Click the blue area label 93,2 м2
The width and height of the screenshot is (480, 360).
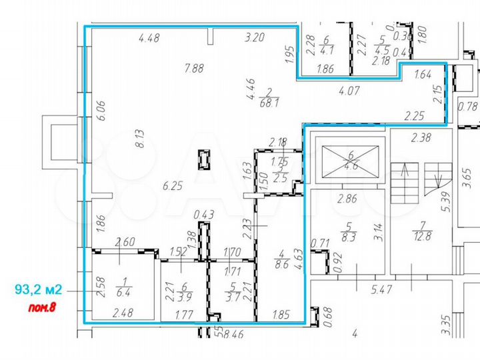click(38, 289)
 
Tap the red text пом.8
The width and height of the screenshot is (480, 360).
click(45, 308)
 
